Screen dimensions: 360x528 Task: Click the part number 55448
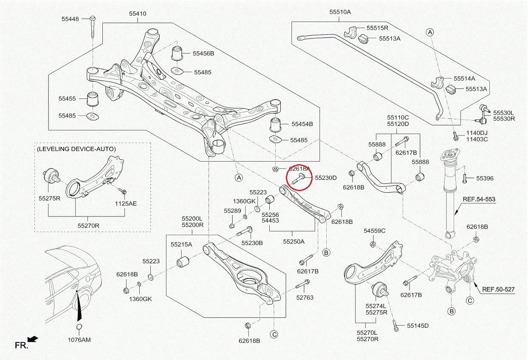[x=70, y=19]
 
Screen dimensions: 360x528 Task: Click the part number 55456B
[x=203, y=53]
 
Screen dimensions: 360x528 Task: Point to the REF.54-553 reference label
[x=479, y=199]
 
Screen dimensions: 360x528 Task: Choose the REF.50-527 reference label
[x=498, y=290]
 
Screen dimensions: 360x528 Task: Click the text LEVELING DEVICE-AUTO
[x=76, y=149]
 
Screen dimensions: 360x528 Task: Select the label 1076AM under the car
[x=79, y=340]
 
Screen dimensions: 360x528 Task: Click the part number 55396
[x=485, y=178]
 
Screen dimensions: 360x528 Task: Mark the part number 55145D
[x=418, y=326]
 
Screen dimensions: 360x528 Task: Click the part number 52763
[x=305, y=298]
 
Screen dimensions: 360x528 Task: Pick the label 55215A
[x=181, y=245]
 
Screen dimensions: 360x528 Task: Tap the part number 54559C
[x=374, y=231]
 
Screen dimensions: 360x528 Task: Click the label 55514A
[x=464, y=79]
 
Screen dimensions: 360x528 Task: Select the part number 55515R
[x=378, y=28]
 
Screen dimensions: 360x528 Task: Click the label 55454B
[x=302, y=124]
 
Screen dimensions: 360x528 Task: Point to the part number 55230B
[x=252, y=243]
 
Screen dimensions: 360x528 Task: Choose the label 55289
[x=232, y=211]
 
